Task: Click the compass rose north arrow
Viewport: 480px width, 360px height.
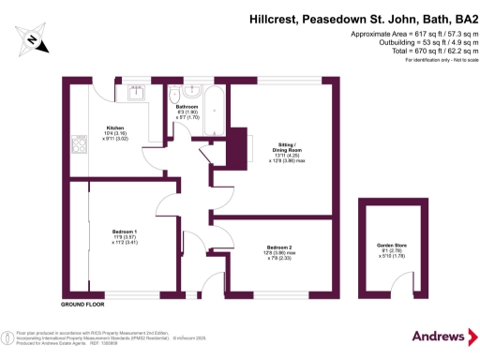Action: click(32, 40)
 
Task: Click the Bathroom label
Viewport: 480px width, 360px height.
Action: click(186, 107)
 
